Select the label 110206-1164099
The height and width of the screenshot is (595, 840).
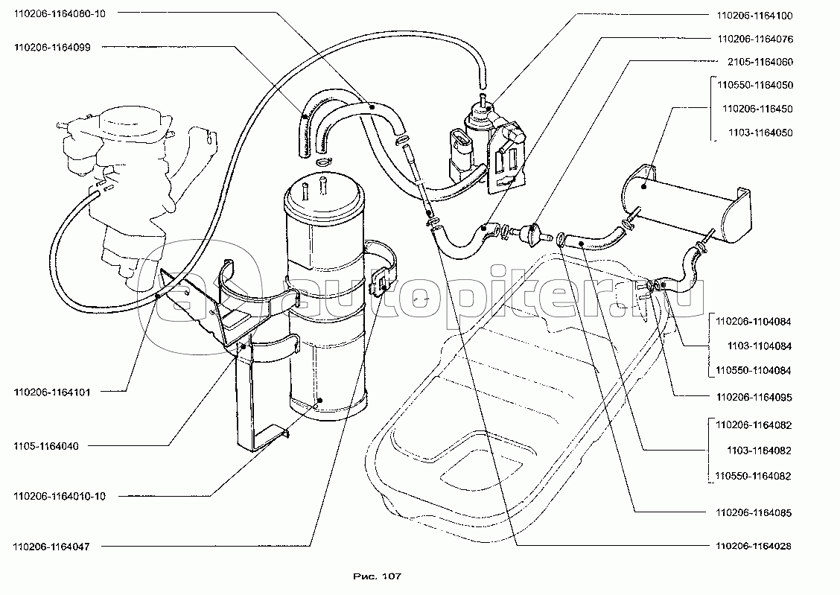51,46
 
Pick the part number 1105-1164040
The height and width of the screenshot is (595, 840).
45,446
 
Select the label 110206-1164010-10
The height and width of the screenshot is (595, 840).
59,496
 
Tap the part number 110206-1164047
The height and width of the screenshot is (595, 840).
51,547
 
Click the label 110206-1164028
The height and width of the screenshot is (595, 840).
754,546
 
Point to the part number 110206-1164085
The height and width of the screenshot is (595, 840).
754,513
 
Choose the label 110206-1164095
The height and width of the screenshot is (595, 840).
754,398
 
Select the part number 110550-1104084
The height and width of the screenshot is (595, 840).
754,370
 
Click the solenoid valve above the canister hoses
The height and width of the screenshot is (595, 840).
488,141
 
